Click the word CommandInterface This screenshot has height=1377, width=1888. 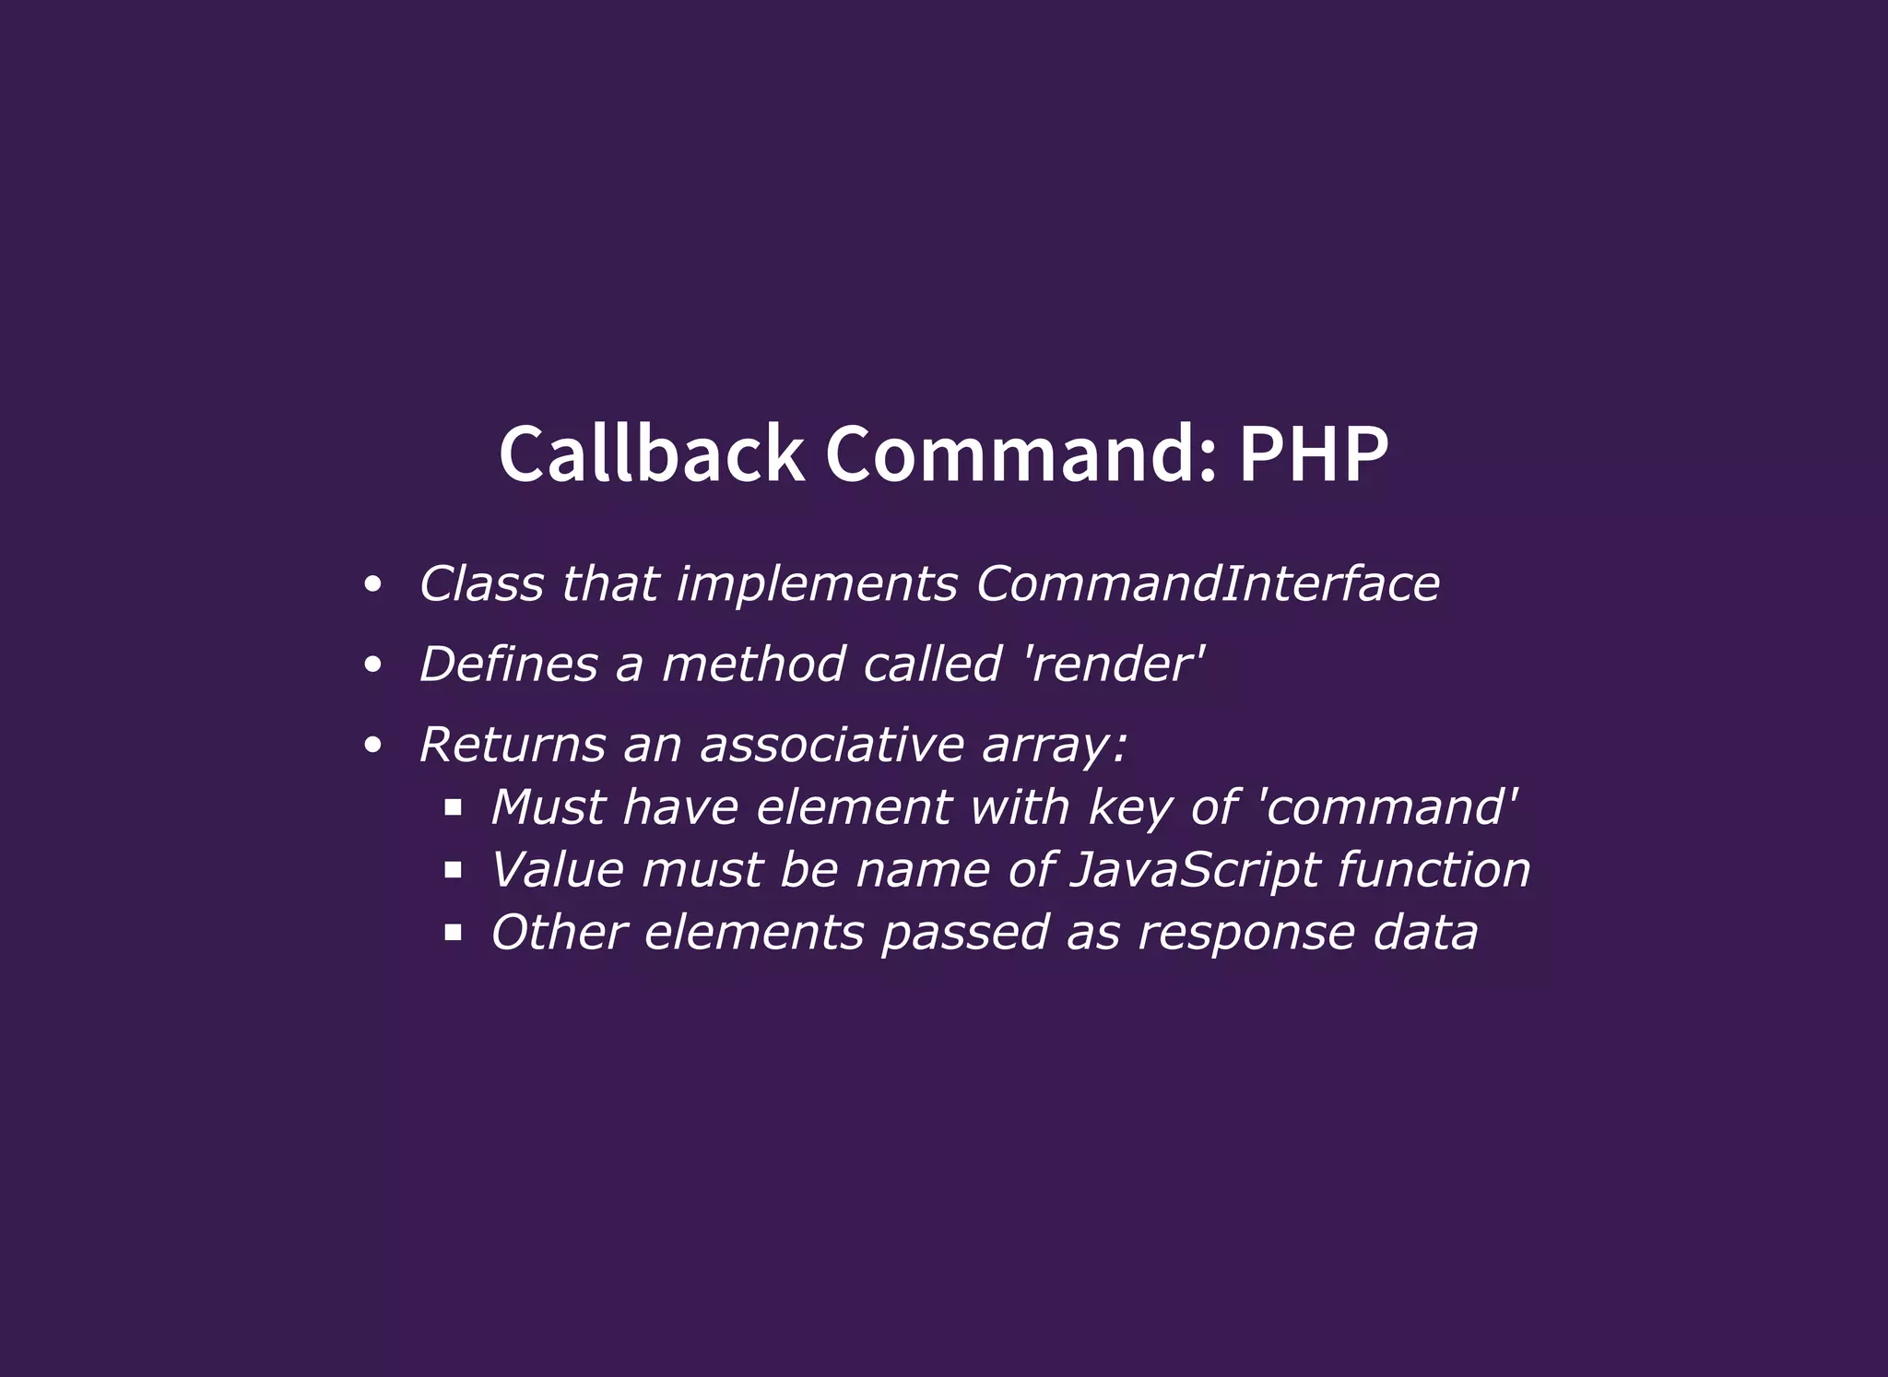pyautogui.click(x=1208, y=583)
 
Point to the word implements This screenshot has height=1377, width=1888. pyautogui.click(x=817, y=583)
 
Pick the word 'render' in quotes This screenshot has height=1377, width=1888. pyautogui.click(x=1115, y=664)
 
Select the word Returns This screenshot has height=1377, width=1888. pyautogui.click(x=513, y=744)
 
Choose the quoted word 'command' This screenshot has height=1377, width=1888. pyautogui.click(x=1387, y=807)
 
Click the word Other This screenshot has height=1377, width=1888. pyautogui.click(x=559, y=933)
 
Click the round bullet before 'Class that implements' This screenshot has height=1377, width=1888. pyautogui.click(x=372, y=584)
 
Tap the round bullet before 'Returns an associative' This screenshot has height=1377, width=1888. pyautogui.click(x=372, y=745)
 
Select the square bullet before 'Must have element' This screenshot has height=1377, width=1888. pyautogui.click(x=453, y=808)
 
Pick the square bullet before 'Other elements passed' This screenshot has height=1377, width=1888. pyautogui.click(x=453, y=933)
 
